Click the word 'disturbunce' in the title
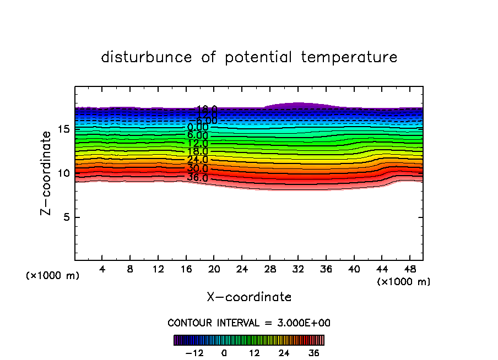147,57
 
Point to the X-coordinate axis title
249,297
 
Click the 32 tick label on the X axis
298,270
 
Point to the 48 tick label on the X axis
410,270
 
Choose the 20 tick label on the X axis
214,270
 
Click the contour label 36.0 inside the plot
197,178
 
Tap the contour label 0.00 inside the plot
197,127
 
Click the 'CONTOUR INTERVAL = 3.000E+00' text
249,323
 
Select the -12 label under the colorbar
194,353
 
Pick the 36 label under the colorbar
314,353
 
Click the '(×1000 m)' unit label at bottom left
53,276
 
